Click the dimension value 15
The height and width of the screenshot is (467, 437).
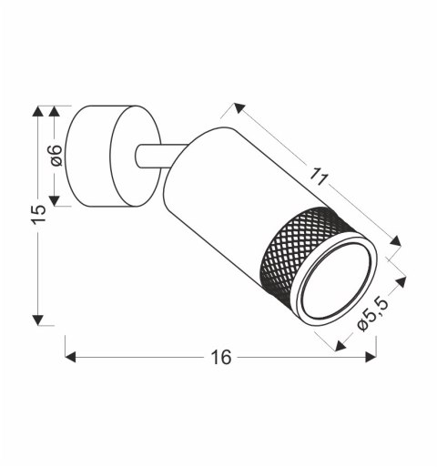pos(37,215)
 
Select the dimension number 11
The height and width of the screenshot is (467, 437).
pos(318,178)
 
